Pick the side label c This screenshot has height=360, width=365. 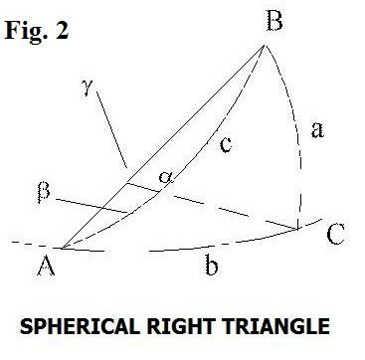coord(226,146)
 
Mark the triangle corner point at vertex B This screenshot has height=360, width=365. coord(265,44)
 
